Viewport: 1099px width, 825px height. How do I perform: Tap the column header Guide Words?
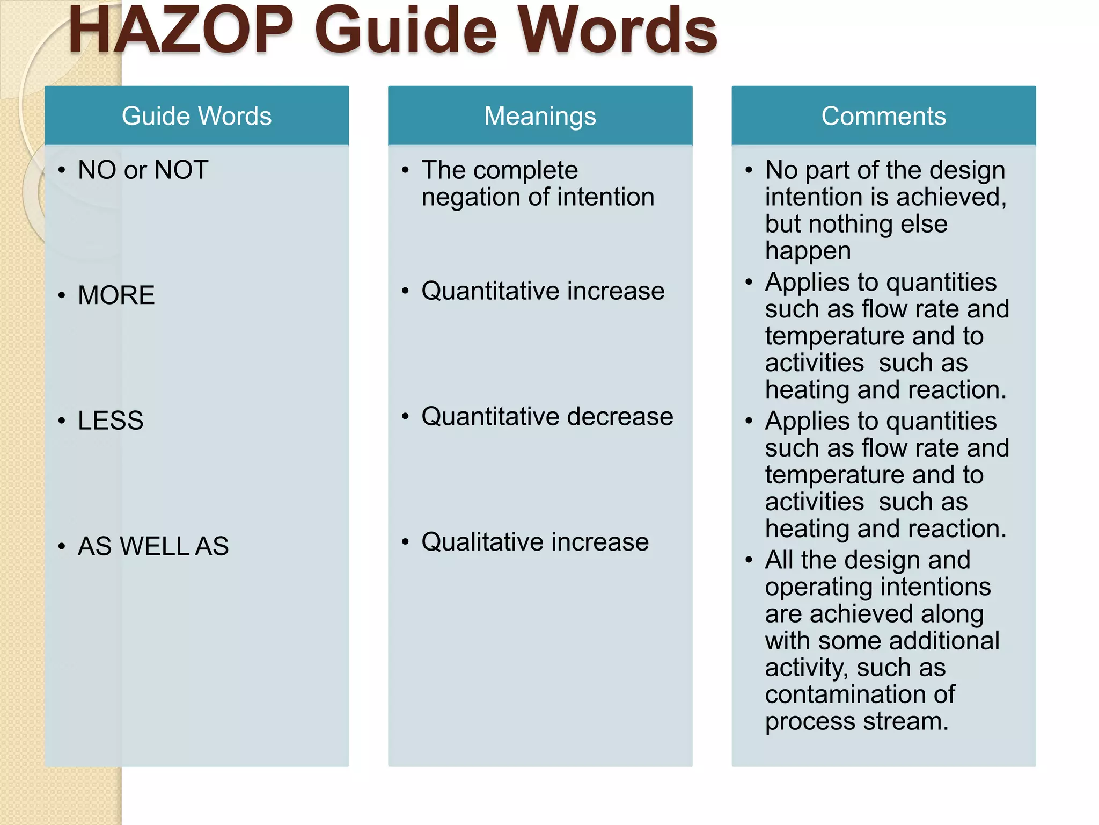pos(196,116)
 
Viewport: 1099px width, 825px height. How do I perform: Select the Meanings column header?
pos(540,116)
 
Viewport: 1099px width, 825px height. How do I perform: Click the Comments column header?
pos(883,116)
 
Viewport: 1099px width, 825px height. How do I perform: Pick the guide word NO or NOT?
pos(143,170)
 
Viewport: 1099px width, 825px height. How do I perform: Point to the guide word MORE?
pos(116,295)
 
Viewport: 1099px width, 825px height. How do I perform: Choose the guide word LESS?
pos(111,421)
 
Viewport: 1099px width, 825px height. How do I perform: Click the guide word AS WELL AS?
pos(153,546)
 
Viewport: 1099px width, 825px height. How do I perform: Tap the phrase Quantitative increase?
pos(543,291)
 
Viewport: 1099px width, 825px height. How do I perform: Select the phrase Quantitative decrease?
pos(547,417)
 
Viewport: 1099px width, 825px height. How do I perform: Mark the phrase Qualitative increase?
pos(535,542)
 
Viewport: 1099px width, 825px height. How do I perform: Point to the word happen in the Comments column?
pos(808,251)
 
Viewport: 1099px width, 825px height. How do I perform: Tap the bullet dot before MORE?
pos(62,295)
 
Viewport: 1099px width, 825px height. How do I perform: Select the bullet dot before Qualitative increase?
pos(405,542)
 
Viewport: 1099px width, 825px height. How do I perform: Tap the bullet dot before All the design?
pos(749,560)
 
